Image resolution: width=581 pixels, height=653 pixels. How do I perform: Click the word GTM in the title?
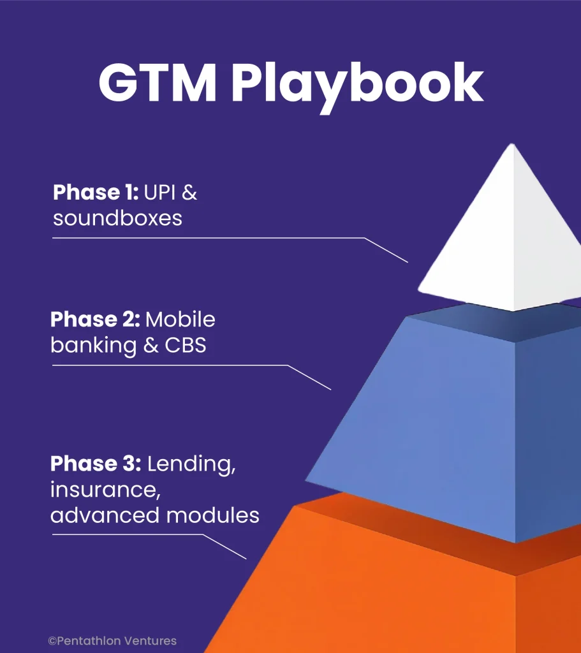point(158,82)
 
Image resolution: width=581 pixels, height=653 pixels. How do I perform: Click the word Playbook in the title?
point(357,86)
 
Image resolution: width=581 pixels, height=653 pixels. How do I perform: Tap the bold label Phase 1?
point(96,193)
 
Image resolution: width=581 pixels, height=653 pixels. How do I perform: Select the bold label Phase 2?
point(95,319)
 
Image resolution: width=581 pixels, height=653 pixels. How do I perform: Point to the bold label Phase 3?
point(96,464)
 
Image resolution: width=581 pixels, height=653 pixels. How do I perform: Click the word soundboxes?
point(117,218)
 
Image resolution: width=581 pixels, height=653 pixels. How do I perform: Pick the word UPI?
point(159,193)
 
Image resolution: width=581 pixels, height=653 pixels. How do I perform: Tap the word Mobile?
point(180,319)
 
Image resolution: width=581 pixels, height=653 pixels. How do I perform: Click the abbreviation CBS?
point(186,345)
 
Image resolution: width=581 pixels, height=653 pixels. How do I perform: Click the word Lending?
point(191,465)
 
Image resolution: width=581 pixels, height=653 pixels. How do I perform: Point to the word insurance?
point(105,490)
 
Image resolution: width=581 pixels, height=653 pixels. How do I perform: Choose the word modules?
point(213,515)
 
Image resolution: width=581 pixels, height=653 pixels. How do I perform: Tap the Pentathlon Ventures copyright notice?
point(112,640)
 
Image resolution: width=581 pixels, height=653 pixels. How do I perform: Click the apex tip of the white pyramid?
point(513,144)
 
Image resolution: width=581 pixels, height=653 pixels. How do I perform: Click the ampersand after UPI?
point(189,193)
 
